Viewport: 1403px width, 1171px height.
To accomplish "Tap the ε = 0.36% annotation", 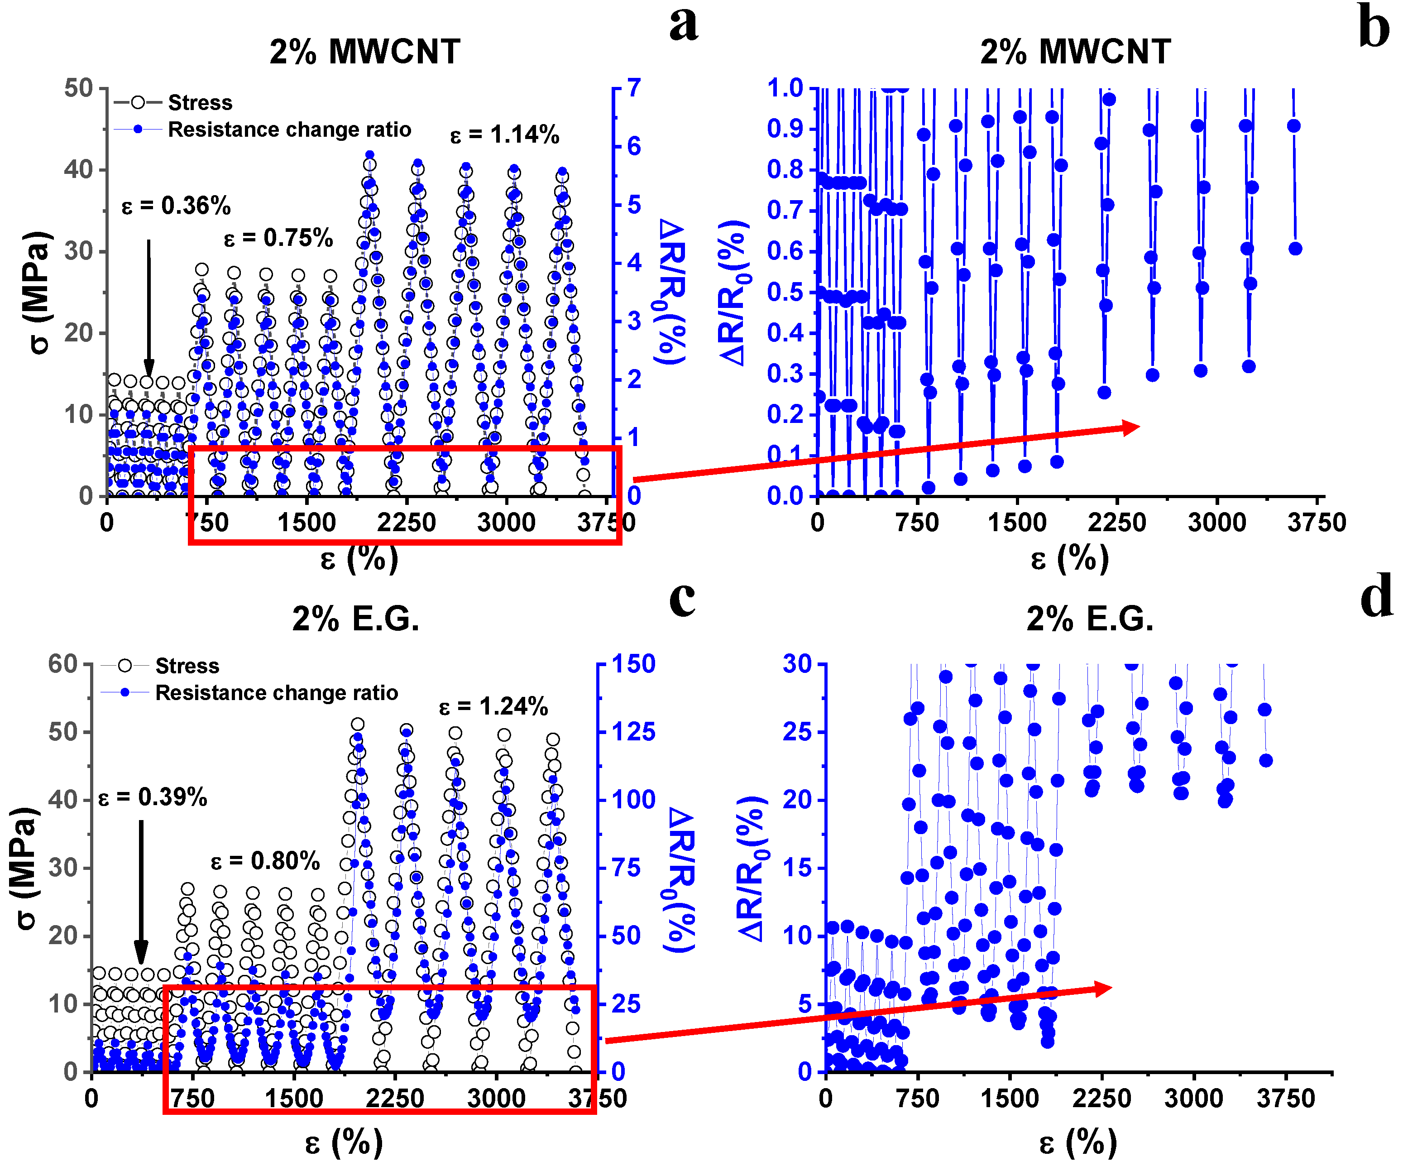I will point(176,206).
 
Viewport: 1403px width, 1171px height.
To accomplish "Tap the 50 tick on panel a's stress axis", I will point(78,88).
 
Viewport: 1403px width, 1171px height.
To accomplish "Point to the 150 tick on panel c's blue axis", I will point(634,664).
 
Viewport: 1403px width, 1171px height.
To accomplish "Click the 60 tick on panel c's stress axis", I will point(63,664).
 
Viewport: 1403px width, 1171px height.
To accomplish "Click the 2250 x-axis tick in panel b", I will point(1116,523).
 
